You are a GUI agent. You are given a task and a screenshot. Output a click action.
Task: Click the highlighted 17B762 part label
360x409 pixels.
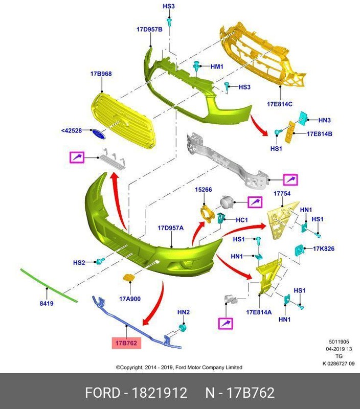tap(125, 343)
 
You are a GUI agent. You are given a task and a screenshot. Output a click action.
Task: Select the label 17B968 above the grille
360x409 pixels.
tap(101, 74)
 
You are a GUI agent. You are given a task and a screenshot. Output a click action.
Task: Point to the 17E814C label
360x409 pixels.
tap(279, 104)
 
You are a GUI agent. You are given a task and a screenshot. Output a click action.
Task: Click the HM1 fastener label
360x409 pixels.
tap(217, 66)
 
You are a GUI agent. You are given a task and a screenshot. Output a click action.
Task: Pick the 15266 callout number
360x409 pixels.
tap(203, 190)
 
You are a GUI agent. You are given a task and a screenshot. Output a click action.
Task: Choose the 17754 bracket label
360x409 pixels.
tap(282, 194)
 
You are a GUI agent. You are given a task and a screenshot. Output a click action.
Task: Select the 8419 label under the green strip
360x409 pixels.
tap(47, 304)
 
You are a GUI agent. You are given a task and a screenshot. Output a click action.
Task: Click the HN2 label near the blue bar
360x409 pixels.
tap(184, 312)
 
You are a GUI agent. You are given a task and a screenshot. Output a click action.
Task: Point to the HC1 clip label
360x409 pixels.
tap(241, 220)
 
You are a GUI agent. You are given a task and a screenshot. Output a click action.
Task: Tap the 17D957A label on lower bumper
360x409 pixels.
tap(170, 228)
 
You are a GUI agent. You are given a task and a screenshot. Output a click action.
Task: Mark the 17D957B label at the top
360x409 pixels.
tap(149, 30)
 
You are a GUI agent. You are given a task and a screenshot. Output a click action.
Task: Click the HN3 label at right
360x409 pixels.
tap(325, 121)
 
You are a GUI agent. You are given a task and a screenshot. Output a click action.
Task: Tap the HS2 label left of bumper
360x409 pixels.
tap(79, 262)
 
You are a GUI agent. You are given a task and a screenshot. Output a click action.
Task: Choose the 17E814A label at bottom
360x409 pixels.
tap(259, 312)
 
